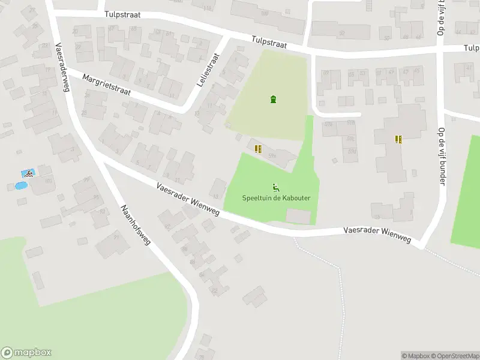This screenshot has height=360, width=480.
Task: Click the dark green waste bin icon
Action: [x=274, y=99]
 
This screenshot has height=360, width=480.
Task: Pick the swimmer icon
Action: [x=28, y=173]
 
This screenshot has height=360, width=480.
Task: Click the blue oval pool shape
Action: [x=20, y=186]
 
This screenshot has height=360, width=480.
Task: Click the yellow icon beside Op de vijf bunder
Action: [x=398, y=139]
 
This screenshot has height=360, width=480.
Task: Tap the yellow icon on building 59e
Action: [x=258, y=149]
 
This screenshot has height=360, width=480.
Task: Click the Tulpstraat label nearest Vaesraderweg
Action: [x=122, y=14]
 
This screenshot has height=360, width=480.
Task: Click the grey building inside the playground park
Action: [x=299, y=216]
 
